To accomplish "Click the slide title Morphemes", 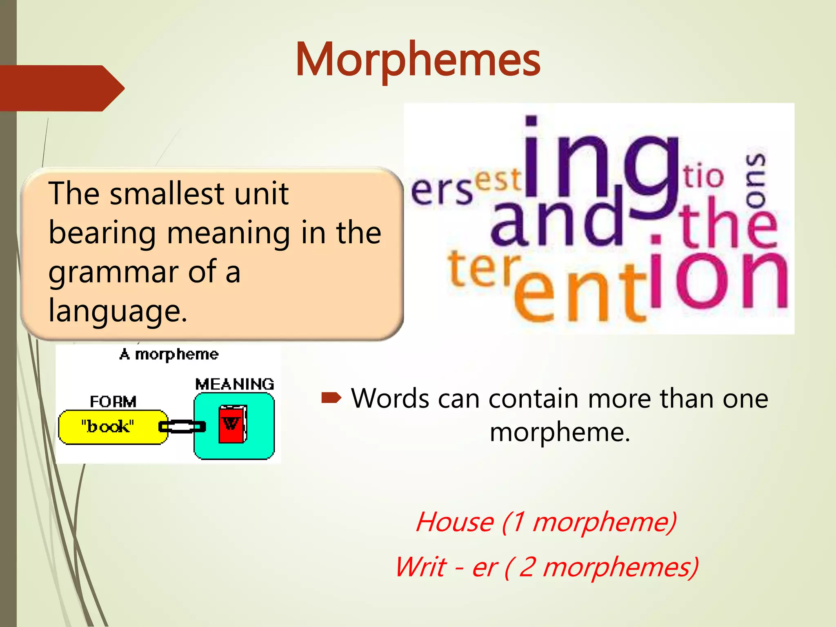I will [x=418, y=60].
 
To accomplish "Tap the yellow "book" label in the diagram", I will [x=108, y=427].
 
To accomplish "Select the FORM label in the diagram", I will [x=113, y=402].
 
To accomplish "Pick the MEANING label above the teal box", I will [x=235, y=384].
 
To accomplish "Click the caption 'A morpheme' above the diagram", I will [x=169, y=354].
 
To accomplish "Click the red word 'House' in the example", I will [x=455, y=522].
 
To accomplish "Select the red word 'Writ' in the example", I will [x=421, y=567].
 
